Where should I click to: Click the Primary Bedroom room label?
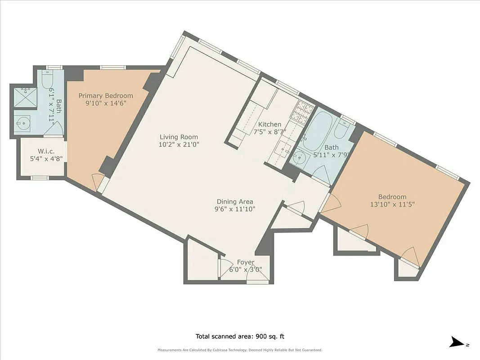106,96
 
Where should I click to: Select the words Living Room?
179,137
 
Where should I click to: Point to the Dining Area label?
235,202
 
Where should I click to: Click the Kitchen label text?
269,125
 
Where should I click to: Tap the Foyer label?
246,262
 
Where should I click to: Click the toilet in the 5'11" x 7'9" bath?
341,130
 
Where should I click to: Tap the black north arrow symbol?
458,342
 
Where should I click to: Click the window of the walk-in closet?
40,178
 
